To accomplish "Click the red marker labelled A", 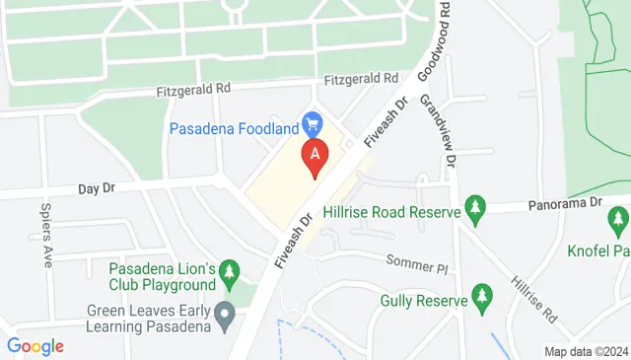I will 315,155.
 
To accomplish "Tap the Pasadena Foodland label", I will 234,127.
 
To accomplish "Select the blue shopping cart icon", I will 314,124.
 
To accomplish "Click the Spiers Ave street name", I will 46,237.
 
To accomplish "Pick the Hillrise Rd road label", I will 533,296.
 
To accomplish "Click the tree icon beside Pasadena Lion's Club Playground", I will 229,269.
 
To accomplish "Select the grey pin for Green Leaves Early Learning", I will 226,317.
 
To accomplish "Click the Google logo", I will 35,346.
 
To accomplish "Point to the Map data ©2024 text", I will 586,351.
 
